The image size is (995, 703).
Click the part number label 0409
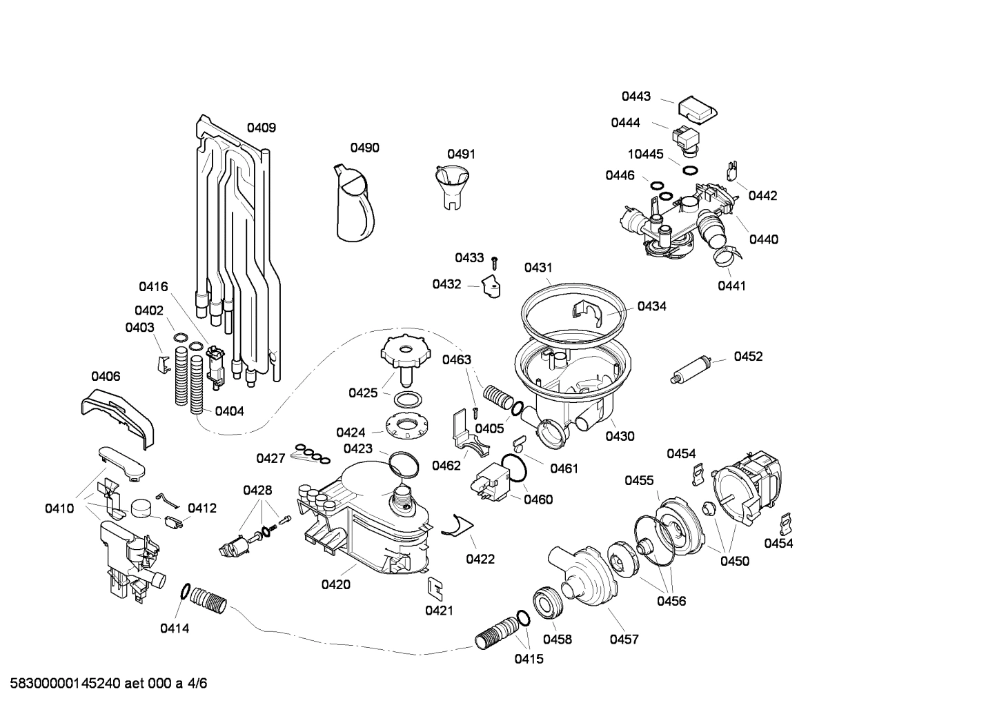(x=262, y=128)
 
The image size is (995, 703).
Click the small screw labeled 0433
(x=495, y=261)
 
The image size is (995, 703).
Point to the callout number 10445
(x=645, y=154)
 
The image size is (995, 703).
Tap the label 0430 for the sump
(x=620, y=436)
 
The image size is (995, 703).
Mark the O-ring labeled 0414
(x=185, y=592)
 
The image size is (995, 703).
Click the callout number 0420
(x=335, y=585)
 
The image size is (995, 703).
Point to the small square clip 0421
(x=435, y=587)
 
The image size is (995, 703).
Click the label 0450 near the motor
(x=735, y=561)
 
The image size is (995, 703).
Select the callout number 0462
(x=446, y=465)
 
